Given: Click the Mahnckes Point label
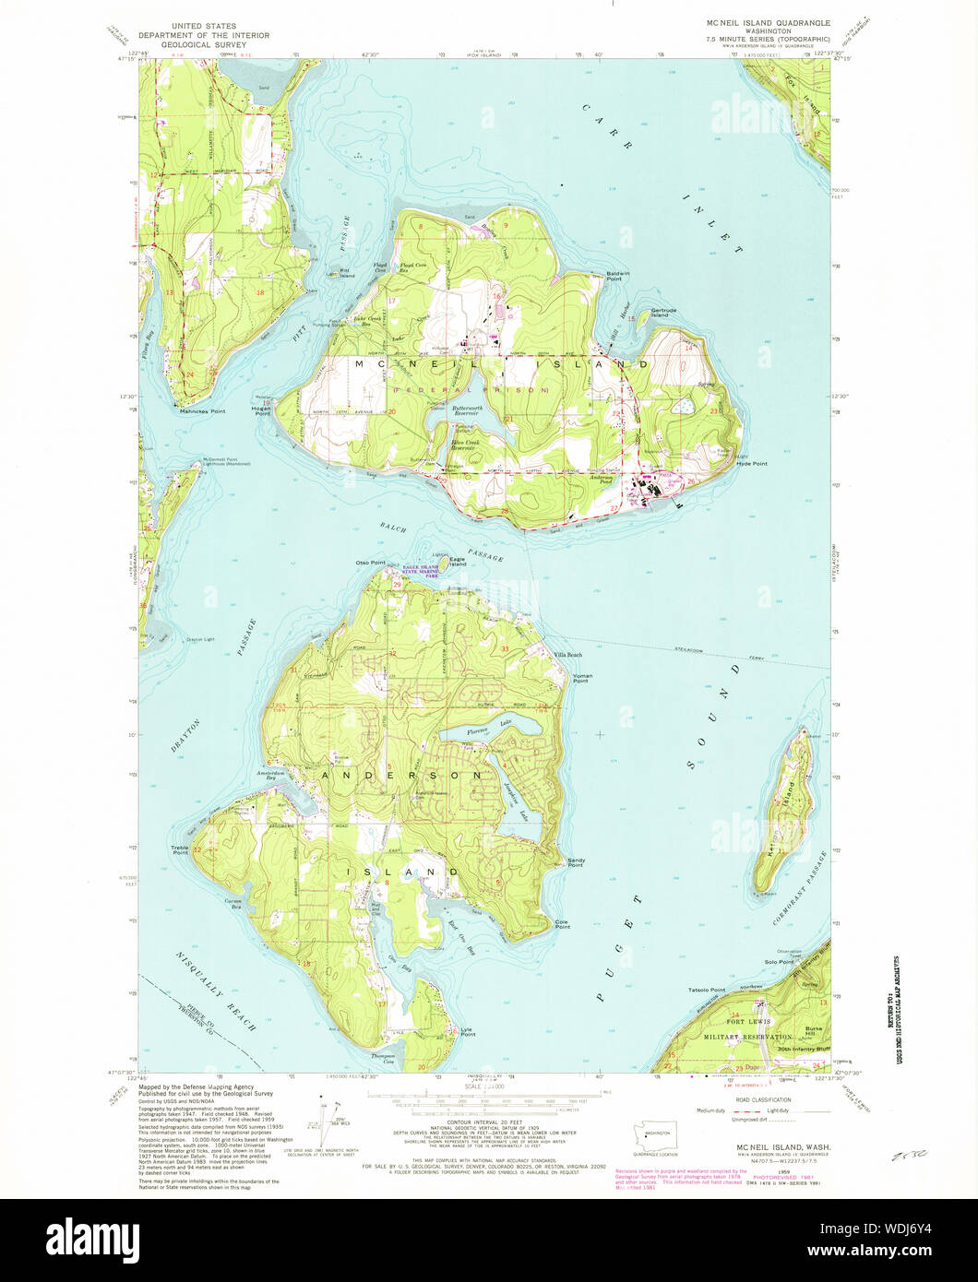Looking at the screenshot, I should (x=203, y=410).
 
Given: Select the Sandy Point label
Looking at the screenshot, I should (x=576, y=862).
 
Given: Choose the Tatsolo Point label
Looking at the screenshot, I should (x=707, y=990).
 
